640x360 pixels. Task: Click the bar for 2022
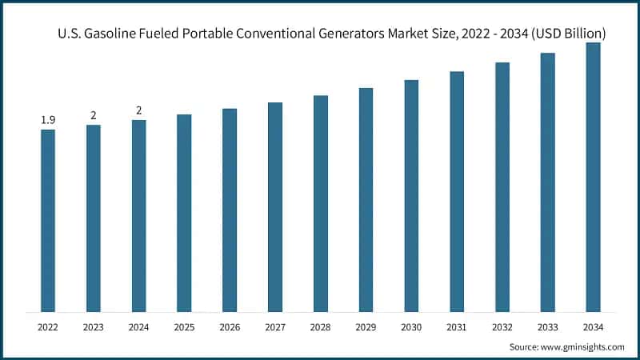coord(48,220)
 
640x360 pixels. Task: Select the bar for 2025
coord(184,213)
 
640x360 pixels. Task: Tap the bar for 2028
coord(321,203)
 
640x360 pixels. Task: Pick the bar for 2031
coord(457,191)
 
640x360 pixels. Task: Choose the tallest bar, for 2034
coord(593,177)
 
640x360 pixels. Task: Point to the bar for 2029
coord(366,199)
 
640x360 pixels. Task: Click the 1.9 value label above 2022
coord(48,120)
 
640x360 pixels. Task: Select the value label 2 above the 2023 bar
coord(94,115)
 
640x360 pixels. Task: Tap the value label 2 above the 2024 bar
coord(139,110)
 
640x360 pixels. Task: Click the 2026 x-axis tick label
coord(230,326)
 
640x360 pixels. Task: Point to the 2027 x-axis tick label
coord(275,326)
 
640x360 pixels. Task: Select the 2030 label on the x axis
coord(411,326)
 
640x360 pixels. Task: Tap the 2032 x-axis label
coord(502,326)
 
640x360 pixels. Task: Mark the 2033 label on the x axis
coord(547,326)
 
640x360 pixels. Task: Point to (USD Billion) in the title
coord(566,34)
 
